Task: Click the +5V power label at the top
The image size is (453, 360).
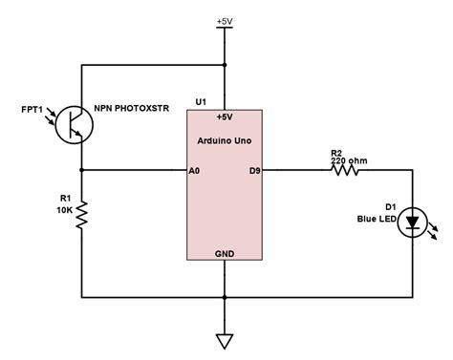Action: (x=224, y=19)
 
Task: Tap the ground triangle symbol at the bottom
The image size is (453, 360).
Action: (x=224, y=340)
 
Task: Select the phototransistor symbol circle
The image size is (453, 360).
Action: (x=74, y=124)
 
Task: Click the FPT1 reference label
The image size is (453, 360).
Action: (x=32, y=110)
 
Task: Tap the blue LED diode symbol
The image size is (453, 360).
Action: (x=412, y=223)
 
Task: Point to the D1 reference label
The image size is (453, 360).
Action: (x=390, y=206)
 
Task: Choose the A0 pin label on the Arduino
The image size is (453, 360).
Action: (x=194, y=171)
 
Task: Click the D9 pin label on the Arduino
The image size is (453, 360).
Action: (x=254, y=171)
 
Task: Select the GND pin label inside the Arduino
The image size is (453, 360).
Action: (x=224, y=254)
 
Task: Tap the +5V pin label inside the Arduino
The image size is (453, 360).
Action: (x=224, y=117)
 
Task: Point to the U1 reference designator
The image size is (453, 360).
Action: (x=200, y=100)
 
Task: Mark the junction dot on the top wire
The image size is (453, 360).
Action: (x=224, y=65)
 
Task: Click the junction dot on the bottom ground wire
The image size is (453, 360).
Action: (x=224, y=297)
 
